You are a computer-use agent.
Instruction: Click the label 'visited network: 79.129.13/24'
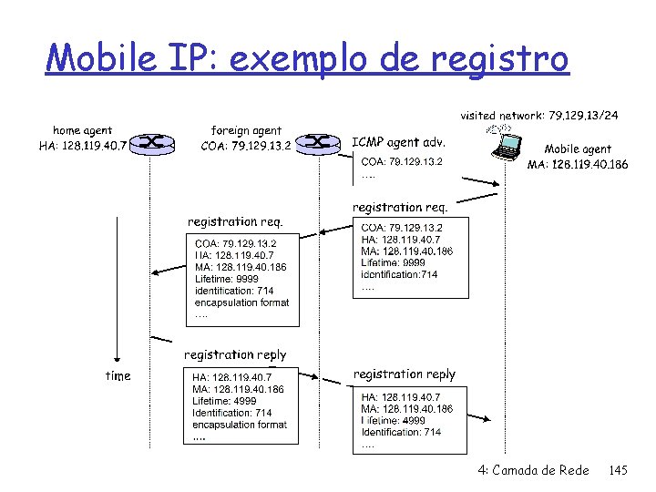coord(540,116)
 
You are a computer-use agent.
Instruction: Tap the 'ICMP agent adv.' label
coord(398,142)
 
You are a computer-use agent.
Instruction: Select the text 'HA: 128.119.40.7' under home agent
coord(82,146)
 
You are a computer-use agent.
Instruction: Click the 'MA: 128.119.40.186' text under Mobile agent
coord(578,165)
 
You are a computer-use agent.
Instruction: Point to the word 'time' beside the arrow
coord(118,375)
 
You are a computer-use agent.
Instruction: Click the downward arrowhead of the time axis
coord(118,360)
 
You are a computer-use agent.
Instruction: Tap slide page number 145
coord(618,470)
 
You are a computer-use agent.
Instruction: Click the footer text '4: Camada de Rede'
coord(533,470)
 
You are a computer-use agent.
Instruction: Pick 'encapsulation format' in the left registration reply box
coord(240,425)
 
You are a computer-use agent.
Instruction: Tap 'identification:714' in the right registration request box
coord(399,274)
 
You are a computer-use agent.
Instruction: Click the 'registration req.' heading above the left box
coord(235,221)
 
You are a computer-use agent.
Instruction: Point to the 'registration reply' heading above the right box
coord(404,374)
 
